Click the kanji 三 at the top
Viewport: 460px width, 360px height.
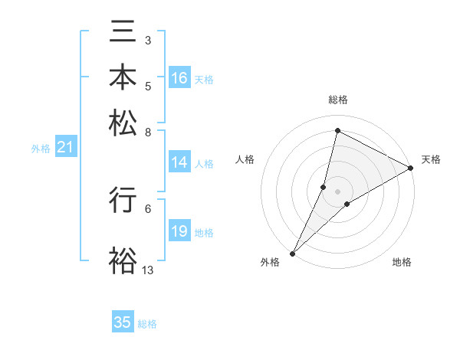pos(123,35)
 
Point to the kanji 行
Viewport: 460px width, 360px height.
pos(123,201)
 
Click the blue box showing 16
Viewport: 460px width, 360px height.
pos(179,77)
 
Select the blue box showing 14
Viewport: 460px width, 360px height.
pos(179,162)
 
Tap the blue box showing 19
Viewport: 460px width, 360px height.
pos(179,231)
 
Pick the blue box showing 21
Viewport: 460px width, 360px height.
pos(64,148)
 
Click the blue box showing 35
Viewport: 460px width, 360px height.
pos(123,322)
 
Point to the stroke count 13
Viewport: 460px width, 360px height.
pos(148,270)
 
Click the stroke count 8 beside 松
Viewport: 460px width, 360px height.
pos(148,132)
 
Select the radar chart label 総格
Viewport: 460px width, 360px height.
pos(338,100)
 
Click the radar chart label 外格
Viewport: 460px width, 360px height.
pos(270,262)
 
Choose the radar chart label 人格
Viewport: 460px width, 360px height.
pos(245,159)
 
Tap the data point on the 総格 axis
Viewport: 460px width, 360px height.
pos(337,131)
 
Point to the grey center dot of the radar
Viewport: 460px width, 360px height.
pos(337,191)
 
